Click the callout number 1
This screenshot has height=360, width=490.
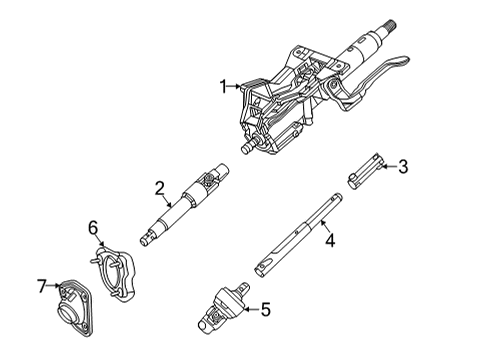pos(224,87)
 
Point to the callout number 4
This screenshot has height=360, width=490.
pos(329,238)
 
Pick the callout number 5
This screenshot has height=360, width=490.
pos(264,310)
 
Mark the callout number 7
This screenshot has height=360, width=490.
pos(42,287)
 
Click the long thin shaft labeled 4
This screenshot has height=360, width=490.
pos(300,240)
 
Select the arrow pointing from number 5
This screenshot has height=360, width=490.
pos(247,310)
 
